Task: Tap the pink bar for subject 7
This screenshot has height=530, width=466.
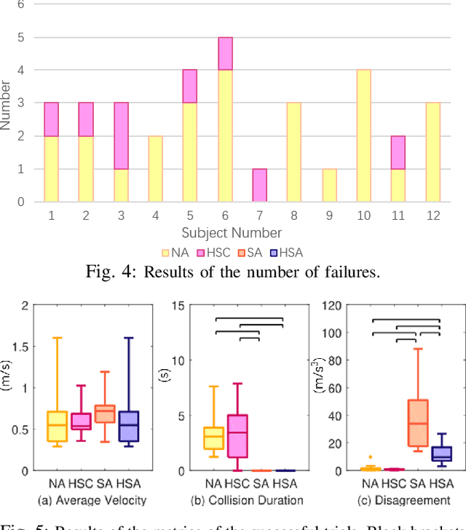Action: coord(258,185)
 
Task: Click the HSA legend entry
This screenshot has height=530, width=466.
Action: coord(283,252)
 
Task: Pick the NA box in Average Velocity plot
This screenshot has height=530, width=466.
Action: coord(56,426)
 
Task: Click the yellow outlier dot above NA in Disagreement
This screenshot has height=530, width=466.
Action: coord(371,456)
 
